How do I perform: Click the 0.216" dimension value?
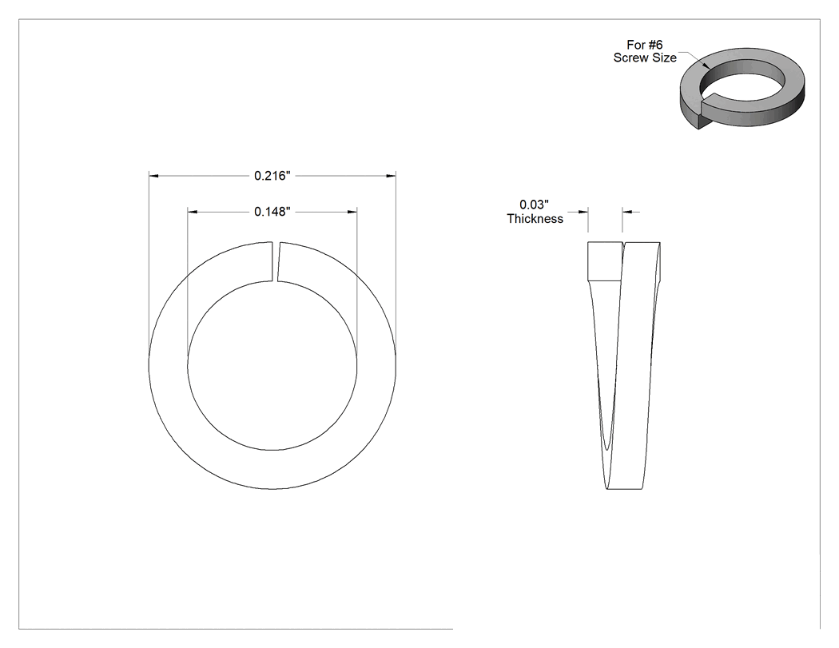point(272,176)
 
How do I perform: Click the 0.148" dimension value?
point(272,212)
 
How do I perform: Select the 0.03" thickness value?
point(534,205)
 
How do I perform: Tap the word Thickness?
point(535,219)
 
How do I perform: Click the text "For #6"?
point(645,45)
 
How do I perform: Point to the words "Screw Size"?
point(645,58)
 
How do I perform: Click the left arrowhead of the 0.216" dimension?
point(154,176)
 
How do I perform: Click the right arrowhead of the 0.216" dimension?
point(392,176)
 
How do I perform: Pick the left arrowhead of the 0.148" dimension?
point(193,212)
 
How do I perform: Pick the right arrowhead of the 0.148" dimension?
point(352,212)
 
